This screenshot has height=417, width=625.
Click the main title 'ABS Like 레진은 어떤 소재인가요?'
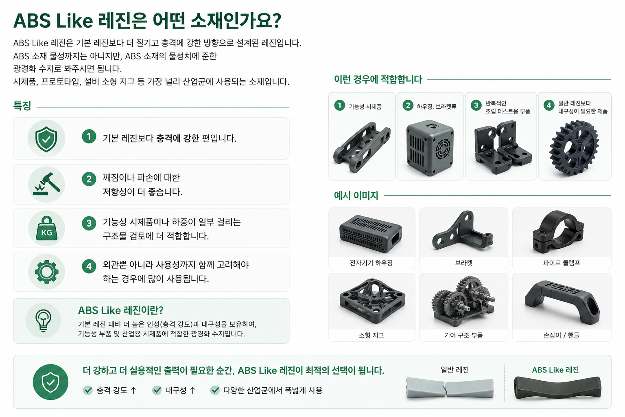tap(147, 21)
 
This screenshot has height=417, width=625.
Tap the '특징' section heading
tap(22, 106)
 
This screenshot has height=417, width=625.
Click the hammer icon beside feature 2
tap(47, 184)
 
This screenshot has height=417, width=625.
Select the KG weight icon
tap(47, 228)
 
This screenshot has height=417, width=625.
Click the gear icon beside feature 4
tap(47, 272)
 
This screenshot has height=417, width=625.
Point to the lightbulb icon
tap(43, 321)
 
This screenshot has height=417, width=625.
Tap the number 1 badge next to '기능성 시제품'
tap(340, 105)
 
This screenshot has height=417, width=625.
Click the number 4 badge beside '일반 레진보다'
tap(549, 105)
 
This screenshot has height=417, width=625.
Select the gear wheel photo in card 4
tap(574, 148)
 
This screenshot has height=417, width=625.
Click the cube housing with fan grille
tap(430, 148)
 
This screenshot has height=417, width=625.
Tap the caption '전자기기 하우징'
tap(371, 263)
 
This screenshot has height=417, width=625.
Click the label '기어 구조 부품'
tap(463, 335)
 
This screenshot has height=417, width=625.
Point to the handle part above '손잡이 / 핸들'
tap(562, 302)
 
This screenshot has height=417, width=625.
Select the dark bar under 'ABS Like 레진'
tap(557, 387)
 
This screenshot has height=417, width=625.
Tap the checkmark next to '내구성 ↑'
tap(157, 390)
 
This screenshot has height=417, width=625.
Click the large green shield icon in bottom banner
tap(50, 382)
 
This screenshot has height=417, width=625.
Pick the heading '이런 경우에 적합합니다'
tap(378, 79)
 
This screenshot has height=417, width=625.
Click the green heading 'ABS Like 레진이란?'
tap(120, 310)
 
